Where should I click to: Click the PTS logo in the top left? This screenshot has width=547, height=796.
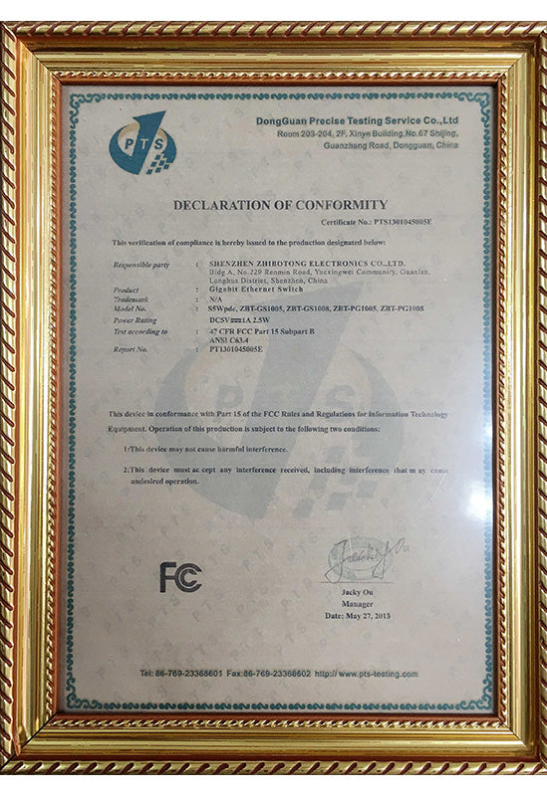point(141,143)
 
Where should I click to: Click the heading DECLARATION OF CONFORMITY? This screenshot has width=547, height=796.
point(279,204)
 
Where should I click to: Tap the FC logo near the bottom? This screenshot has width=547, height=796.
point(180,577)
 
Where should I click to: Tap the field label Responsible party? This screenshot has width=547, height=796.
point(142,264)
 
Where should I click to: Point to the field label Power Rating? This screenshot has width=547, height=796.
point(137,320)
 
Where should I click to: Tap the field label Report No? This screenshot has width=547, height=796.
point(135,350)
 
